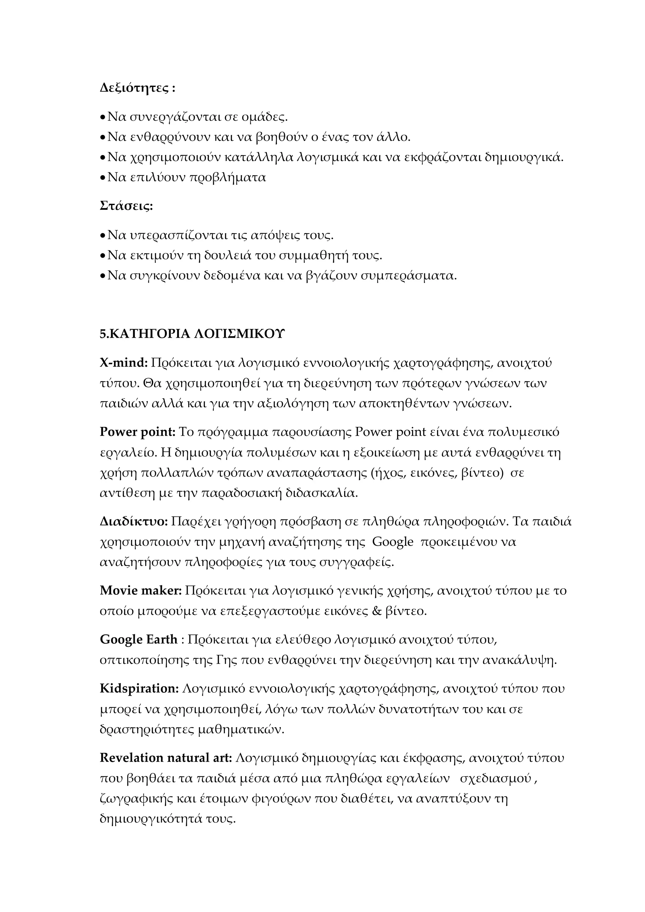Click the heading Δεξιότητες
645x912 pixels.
click(x=134, y=88)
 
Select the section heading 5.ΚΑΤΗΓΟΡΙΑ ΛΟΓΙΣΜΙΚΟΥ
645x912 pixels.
click(x=192, y=334)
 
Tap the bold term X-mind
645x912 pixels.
click(x=123, y=363)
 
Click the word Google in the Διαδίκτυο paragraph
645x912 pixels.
click(x=393, y=542)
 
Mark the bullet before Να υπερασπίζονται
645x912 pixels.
click(x=102, y=236)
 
